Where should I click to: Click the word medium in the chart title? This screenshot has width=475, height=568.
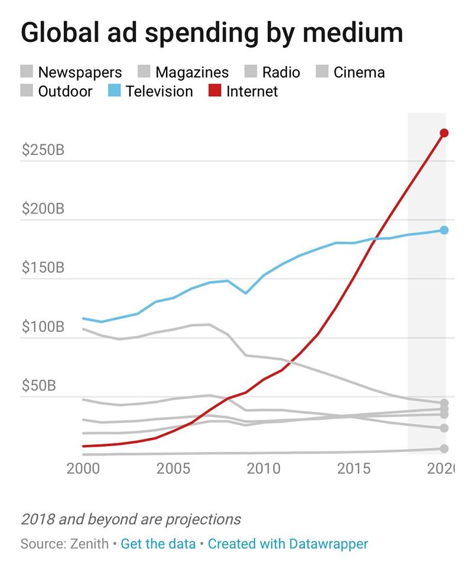353,33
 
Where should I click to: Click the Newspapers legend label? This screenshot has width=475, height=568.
80,73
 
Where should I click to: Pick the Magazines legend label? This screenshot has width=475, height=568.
191,73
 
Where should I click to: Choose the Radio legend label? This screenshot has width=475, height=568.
281,73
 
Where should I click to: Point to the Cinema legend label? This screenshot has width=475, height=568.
359,73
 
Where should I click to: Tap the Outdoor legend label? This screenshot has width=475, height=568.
65,92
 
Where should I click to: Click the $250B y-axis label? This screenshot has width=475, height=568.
43,150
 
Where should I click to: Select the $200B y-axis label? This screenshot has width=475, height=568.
43,209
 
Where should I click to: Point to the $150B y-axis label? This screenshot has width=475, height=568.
43,267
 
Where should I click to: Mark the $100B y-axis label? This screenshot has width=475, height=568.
43,327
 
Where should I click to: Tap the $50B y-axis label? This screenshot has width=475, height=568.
39,386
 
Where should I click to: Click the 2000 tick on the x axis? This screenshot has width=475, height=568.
83,469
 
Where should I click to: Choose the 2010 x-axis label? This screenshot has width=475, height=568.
263,469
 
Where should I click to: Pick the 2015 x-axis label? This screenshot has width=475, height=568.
353,469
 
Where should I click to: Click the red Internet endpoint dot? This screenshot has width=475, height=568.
444,133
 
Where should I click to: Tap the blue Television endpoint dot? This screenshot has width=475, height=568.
444,230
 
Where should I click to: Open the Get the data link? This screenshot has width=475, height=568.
158,544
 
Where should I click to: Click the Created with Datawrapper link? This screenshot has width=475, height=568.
288,544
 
